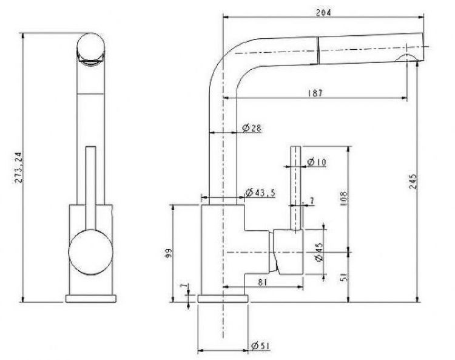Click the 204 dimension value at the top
[x=323, y=13]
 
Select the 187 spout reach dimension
[x=315, y=93]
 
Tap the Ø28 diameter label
[x=252, y=127]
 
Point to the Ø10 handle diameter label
[x=317, y=162]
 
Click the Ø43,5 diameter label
[x=260, y=192]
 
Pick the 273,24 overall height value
[x=19, y=168]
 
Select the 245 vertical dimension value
[x=413, y=182]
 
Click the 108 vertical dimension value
[x=343, y=199]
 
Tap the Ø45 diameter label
[x=318, y=252]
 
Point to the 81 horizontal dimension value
[x=262, y=282]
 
